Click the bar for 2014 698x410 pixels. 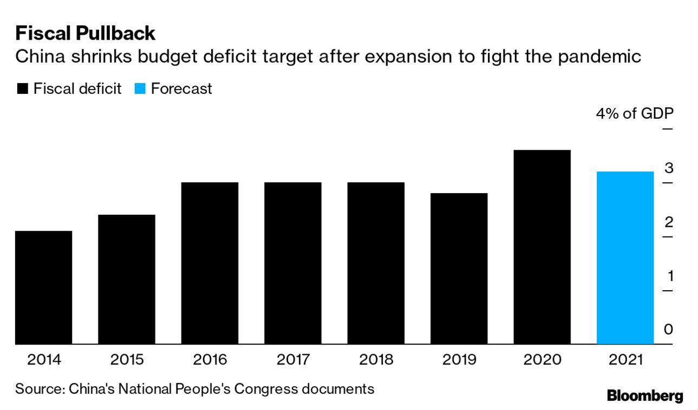43,287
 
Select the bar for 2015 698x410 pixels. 126,279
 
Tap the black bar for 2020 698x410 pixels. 542,247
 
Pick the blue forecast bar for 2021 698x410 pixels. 625,258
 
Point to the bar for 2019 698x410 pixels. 459,268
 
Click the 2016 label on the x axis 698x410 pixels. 210,360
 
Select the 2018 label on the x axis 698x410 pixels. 376,360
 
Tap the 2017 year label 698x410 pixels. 292,360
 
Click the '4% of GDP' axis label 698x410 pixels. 635,114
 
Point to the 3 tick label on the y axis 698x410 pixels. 669,168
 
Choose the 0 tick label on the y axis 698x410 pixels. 669,330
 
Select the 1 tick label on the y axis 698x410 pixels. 670,276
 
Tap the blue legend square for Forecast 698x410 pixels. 140,89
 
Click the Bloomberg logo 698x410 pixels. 645,395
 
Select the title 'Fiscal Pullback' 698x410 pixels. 86,34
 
